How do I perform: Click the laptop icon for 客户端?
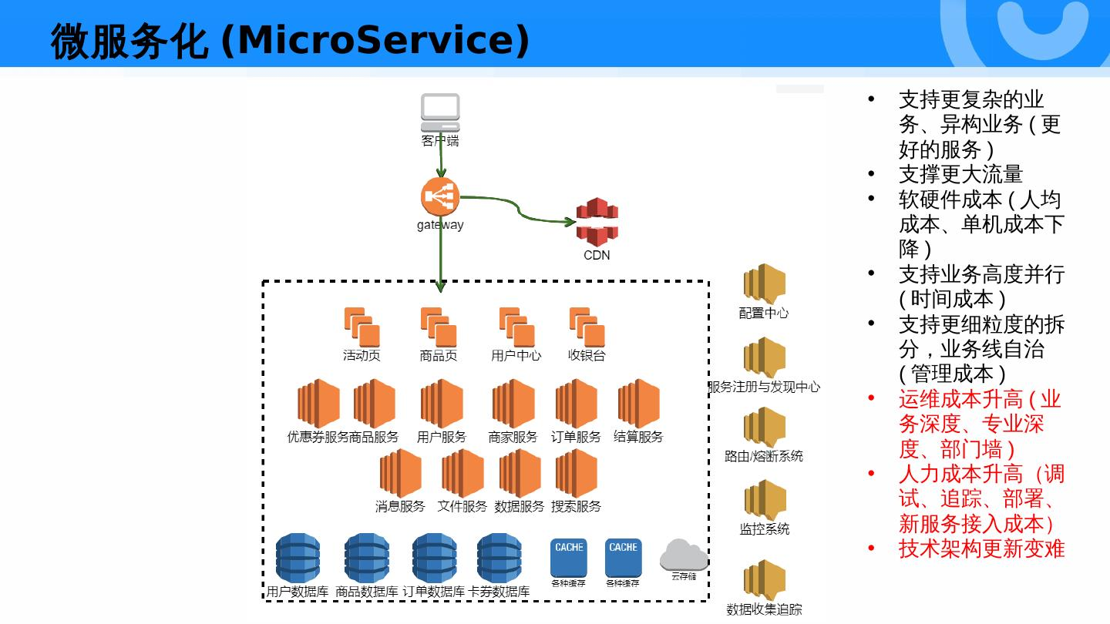[x=440, y=112]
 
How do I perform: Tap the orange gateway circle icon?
[x=440, y=196]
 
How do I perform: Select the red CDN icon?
[x=597, y=223]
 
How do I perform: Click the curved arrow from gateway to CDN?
[x=518, y=208]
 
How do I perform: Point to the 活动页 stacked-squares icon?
[x=362, y=327]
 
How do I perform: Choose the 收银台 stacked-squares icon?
[x=587, y=327]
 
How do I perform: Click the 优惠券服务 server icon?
[x=318, y=404]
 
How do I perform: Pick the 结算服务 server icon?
[x=639, y=404]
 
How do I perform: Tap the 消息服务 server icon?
[x=400, y=474]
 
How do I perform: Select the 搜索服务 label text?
[x=576, y=506]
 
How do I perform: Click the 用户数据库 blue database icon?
[x=298, y=558]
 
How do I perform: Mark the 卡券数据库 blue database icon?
[x=499, y=558]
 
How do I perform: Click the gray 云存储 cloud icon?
[x=684, y=555]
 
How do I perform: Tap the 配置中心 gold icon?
[x=765, y=283]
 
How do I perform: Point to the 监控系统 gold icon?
[x=765, y=500]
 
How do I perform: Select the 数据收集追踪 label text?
[x=764, y=609]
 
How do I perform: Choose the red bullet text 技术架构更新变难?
[x=982, y=549]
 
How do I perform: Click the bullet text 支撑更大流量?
[x=960, y=174]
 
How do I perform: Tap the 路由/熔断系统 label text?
[x=764, y=456]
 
